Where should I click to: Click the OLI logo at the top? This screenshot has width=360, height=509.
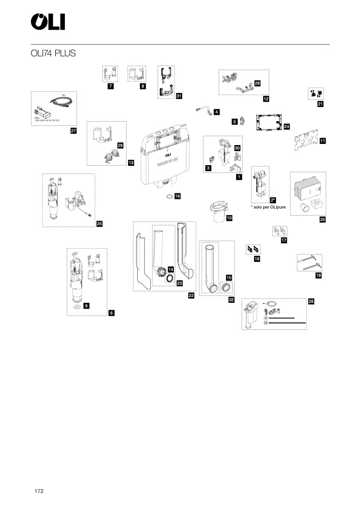[x=47, y=22]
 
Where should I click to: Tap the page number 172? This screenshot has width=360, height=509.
[x=39, y=490]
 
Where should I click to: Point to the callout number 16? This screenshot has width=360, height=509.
[x=178, y=196]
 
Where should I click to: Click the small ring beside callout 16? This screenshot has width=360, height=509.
[x=168, y=196]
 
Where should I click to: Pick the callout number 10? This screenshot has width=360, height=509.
[x=229, y=218]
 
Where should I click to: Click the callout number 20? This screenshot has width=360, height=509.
[x=322, y=219]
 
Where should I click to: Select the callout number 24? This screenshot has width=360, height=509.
[x=287, y=126]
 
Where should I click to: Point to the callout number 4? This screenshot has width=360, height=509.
[x=217, y=113]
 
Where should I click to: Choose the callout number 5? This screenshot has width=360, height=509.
[x=234, y=122]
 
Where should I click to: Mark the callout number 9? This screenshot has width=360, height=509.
[x=86, y=306]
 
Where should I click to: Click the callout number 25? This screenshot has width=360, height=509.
[x=99, y=224]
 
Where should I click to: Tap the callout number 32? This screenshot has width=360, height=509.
[x=231, y=300]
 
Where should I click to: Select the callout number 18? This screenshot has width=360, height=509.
[x=319, y=275]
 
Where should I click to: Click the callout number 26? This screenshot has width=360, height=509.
[x=311, y=301]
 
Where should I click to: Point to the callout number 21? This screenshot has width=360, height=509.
[x=320, y=104]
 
